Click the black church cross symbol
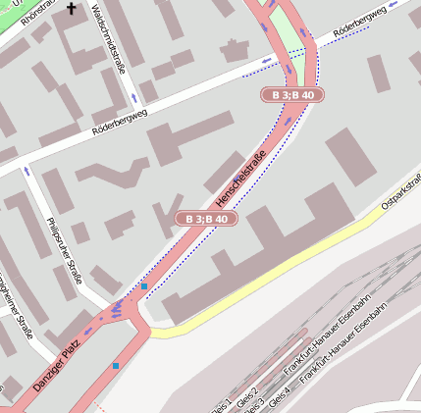point(71,10)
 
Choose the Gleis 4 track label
point(280,396)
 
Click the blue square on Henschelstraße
point(144,286)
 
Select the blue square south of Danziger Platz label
point(115,366)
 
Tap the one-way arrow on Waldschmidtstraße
point(132,98)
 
